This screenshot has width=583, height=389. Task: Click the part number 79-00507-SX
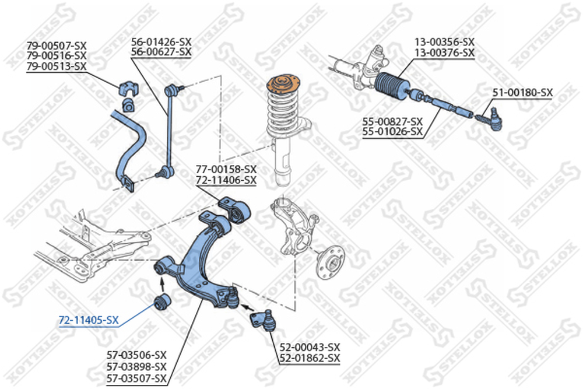click(56, 45)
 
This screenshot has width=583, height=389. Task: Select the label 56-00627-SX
click(161, 52)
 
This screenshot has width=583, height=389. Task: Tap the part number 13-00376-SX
click(445, 53)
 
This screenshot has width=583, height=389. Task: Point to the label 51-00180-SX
click(523, 92)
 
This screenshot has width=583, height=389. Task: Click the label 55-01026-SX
click(392, 131)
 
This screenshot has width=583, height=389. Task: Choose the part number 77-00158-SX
click(226, 169)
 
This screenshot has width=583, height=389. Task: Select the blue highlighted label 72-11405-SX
click(89, 320)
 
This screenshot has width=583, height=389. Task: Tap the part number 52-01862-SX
click(310, 358)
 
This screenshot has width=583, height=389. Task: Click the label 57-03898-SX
click(136, 367)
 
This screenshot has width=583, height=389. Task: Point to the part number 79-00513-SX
click(56, 66)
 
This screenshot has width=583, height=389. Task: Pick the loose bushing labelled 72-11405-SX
click(163, 302)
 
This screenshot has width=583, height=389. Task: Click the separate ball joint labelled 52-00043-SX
click(264, 319)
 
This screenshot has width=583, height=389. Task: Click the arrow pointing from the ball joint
click(248, 307)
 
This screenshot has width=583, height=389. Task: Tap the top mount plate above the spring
click(284, 85)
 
